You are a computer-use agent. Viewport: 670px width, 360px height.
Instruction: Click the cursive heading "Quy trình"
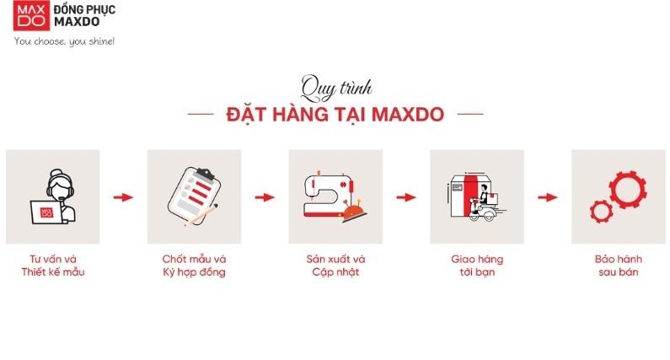pos(335,87)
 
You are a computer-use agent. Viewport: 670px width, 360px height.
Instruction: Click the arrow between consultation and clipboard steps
pos(123,197)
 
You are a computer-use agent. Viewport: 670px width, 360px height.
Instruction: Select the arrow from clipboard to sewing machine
pos(265,197)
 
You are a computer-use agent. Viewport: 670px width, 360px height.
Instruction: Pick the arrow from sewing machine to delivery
pos(406,197)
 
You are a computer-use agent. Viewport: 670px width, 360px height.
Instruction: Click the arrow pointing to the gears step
pos(548,197)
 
